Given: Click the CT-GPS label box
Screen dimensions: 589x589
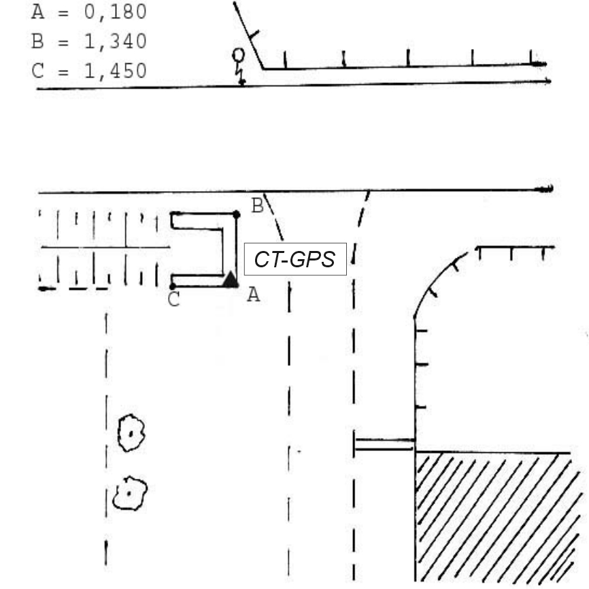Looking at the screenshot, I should [295, 258].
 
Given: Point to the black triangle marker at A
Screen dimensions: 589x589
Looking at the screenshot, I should [231, 280].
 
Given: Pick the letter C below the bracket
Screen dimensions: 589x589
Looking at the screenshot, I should [173, 300].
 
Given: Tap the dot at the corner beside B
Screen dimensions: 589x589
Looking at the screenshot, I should [236, 214].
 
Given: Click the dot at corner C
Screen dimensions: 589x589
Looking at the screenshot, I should [173, 286].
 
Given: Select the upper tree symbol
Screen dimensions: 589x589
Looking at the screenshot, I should [130, 433].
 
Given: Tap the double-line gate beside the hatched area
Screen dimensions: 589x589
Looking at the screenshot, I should [384, 444].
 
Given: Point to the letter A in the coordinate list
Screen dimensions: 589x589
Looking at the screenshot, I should [37, 12].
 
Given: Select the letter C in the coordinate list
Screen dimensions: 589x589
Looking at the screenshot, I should [37, 70].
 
